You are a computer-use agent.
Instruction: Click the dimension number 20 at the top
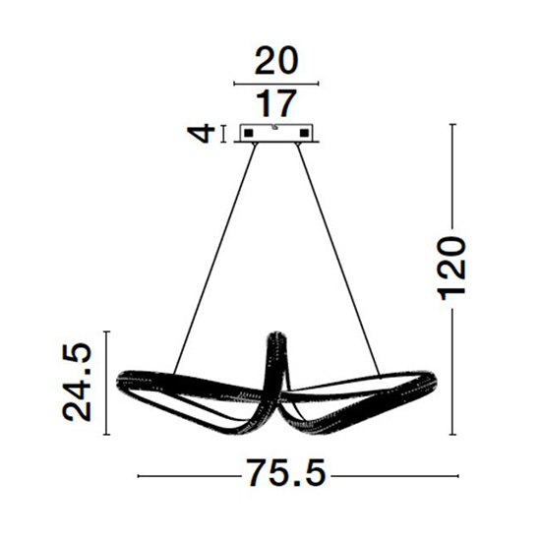pos(276,61)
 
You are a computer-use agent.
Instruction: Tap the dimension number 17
pos(276,103)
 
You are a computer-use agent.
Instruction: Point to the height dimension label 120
pos(452,269)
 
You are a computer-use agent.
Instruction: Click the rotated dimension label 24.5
pos(78,382)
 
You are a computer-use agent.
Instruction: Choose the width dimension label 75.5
pos(286,473)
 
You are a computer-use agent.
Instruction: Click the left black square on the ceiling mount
pos(249,133)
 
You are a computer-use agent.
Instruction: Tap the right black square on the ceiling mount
pos(304,133)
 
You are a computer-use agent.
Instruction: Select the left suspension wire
pos(214,259)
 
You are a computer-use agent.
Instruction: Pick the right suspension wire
pos(338,259)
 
